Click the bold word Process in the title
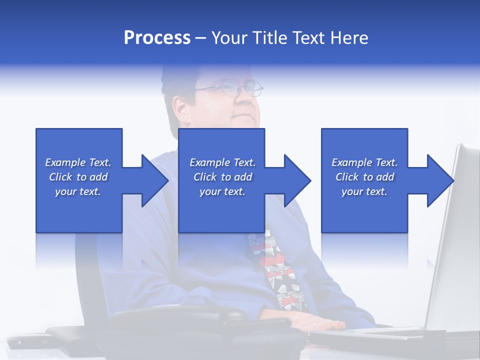click(157, 38)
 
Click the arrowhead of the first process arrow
click(155, 180)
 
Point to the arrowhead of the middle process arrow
click(297, 180)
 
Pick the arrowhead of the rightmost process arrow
click(441, 180)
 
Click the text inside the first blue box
click(78, 177)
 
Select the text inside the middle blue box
click(222, 177)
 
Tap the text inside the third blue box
click(364, 177)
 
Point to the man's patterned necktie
click(280, 270)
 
